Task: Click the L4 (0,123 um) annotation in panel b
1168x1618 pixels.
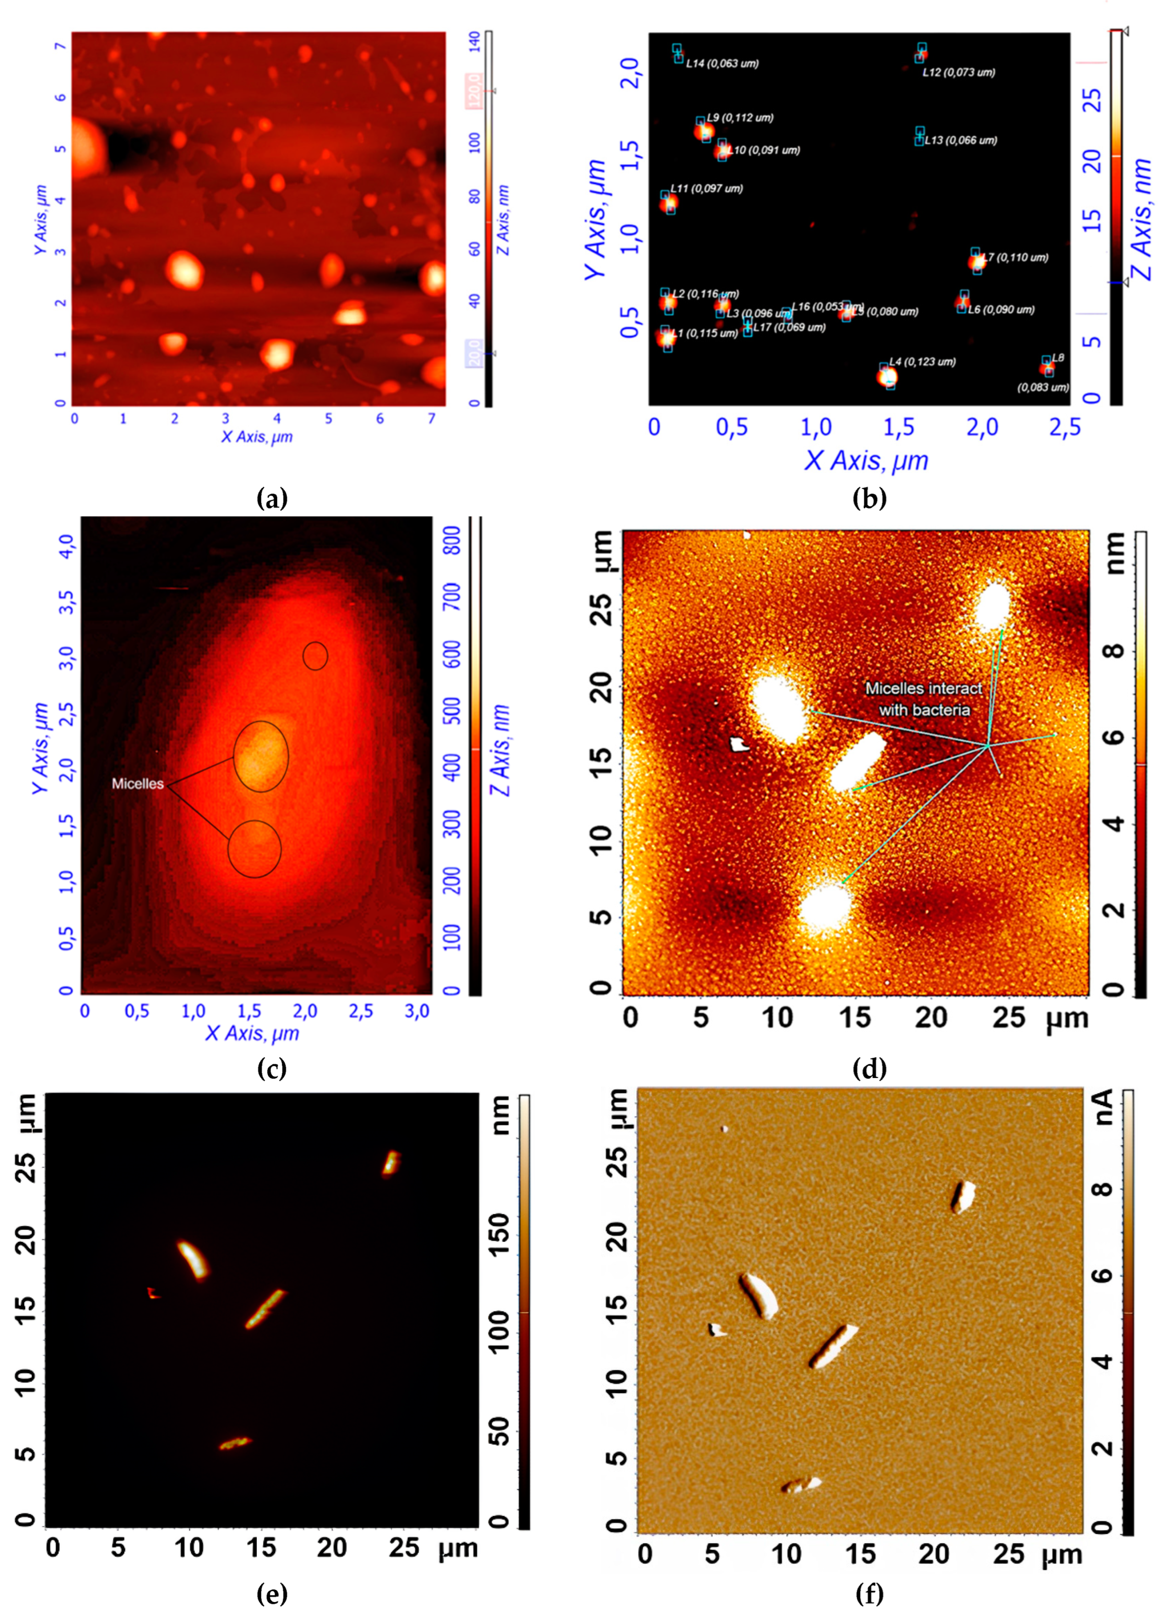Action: [x=922, y=362]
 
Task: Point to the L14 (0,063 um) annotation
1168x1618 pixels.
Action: [x=722, y=64]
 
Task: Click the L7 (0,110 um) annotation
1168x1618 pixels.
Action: [x=1015, y=258]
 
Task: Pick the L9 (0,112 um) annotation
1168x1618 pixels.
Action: [x=740, y=118]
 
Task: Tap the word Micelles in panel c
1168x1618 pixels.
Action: [x=138, y=783]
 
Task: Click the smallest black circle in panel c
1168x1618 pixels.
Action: [x=315, y=656]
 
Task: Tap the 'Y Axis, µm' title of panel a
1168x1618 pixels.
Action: [x=40, y=220]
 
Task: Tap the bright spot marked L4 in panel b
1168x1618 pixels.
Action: [x=887, y=376]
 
